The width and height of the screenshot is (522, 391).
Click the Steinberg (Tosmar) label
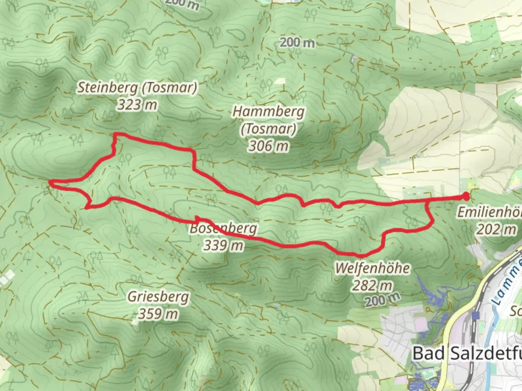(137, 88)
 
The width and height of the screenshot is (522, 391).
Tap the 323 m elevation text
(137, 105)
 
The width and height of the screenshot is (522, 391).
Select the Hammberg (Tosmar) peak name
(268, 120)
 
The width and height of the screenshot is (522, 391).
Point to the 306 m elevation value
(268, 146)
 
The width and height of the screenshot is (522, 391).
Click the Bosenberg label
(224, 228)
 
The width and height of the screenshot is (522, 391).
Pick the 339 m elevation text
(223, 245)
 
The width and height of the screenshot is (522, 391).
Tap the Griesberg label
(158, 297)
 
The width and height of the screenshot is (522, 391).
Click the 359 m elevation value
(158, 314)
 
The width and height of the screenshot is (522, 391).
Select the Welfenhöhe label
(372, 269)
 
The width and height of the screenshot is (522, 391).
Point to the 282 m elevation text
(372, 285)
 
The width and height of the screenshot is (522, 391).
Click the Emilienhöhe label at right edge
(489, 212)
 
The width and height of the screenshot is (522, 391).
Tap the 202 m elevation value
(496, 229)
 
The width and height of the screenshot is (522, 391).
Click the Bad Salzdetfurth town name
(468, 353)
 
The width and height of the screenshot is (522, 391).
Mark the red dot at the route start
(465, 197)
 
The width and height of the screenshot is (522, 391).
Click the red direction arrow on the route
(198, 219)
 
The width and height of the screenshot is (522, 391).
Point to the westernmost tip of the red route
(50, 183)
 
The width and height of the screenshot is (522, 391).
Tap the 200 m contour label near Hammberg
(297, 43)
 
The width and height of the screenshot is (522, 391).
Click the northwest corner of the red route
(116, 135)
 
